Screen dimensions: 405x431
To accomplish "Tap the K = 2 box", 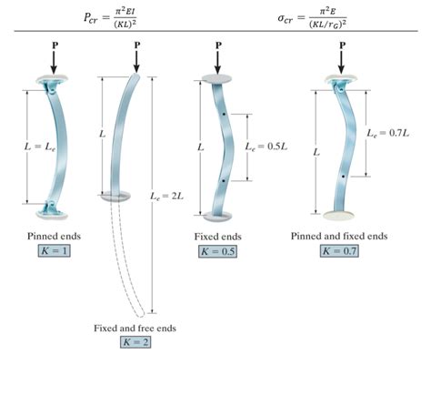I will point(135,342).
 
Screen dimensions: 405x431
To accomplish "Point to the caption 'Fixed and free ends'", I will point(135,327).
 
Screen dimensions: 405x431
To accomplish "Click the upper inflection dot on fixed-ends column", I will point(221,115).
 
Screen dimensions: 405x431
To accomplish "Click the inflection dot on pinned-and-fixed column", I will point(343,176).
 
